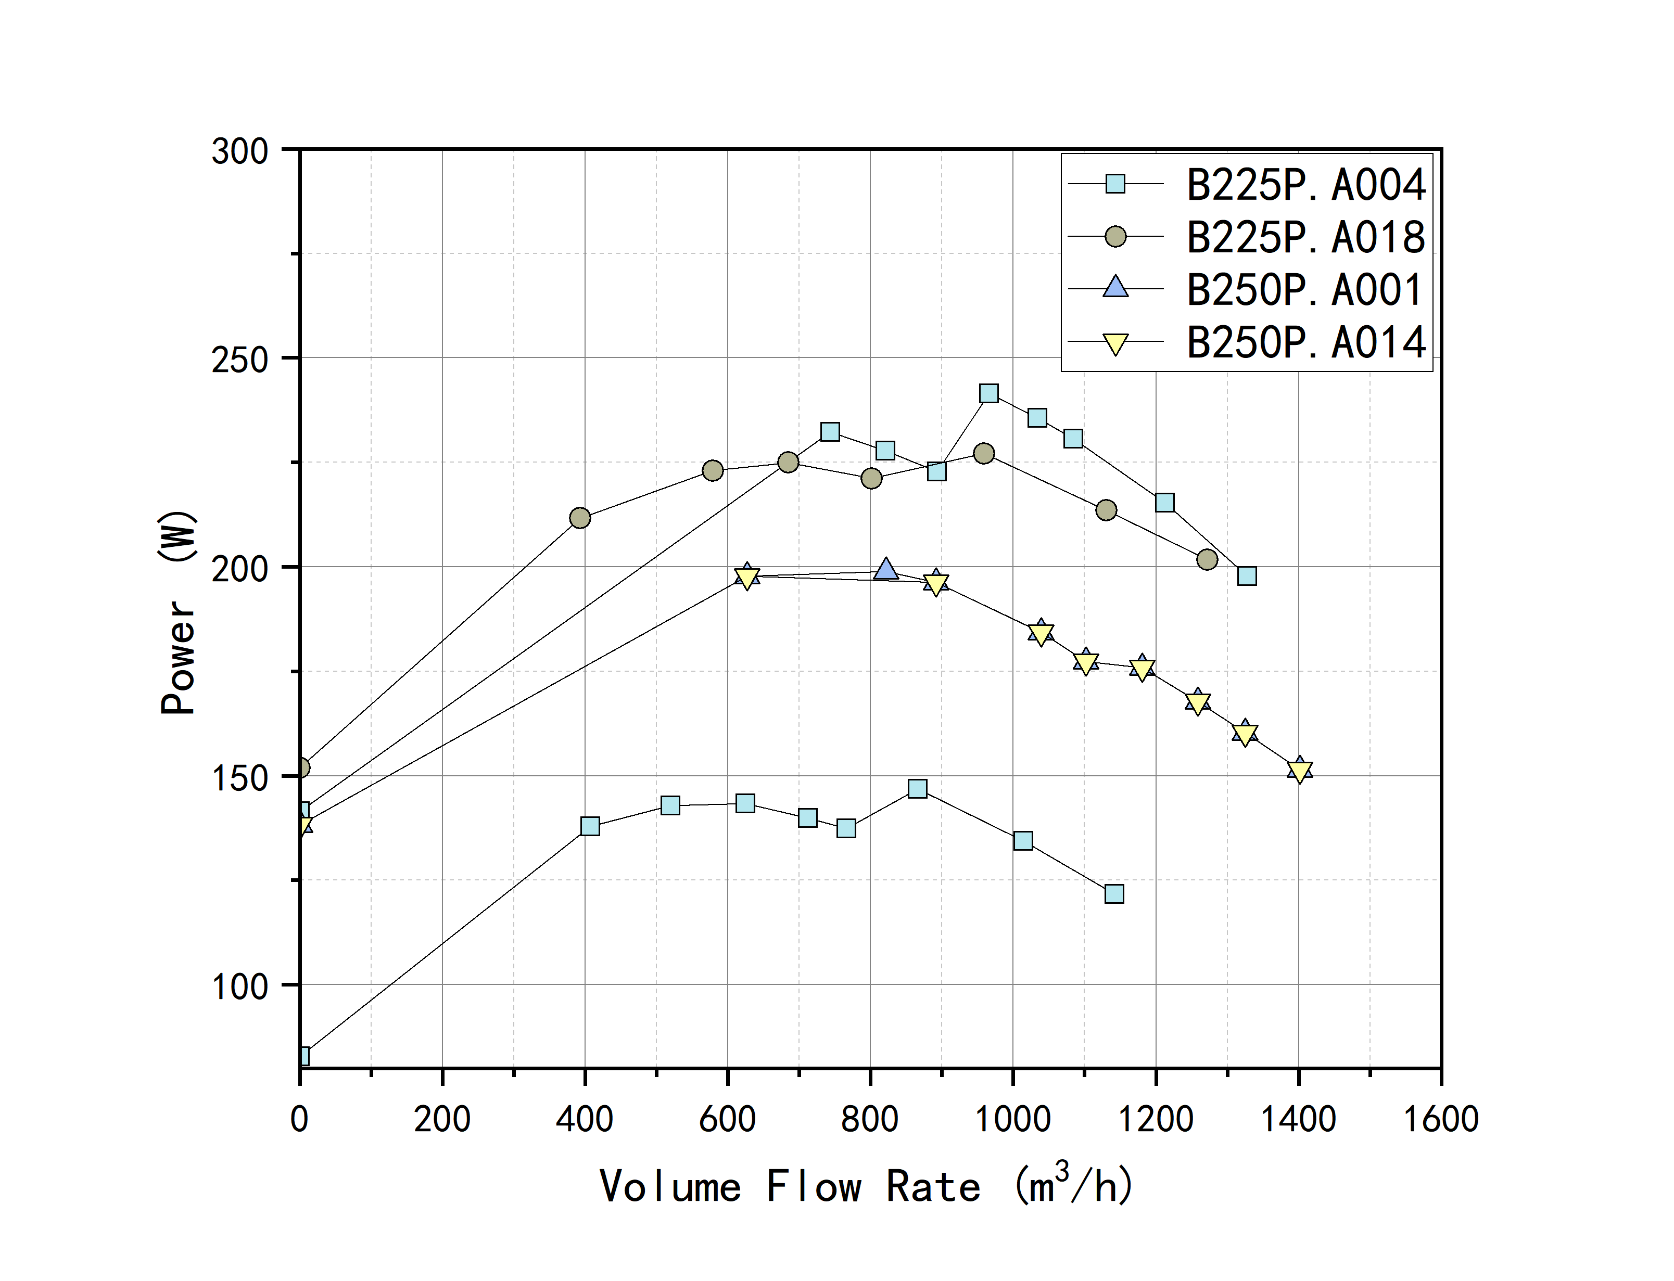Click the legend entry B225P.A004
(x=1305, y=185)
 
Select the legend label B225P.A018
(x=1305, y=237)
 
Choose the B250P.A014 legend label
(x=1305, y=342)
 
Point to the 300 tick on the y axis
(x=239, y=151)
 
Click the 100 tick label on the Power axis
(x=239, y=987)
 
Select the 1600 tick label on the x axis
(x=1441, y=1119)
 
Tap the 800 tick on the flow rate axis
(x=869, y=1119)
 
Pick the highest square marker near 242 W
(x=988, y=393)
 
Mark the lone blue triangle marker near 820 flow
(x=885, y=569)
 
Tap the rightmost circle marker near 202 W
(x=1207, y=560)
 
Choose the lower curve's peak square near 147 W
(x=918, y=788)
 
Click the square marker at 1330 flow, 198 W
(x=1246, y=575)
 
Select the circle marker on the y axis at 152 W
(x=302, y=767)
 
